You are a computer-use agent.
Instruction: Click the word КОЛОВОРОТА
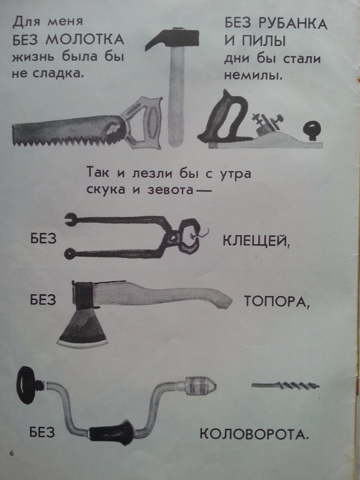coord(254,434)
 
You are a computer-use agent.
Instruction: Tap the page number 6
coord(12,453)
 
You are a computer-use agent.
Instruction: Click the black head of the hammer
coord(172,38)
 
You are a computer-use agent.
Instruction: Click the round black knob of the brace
coord(27,385)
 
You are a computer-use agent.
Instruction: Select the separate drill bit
coord(285,385)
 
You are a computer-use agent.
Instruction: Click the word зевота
coord(171,190)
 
